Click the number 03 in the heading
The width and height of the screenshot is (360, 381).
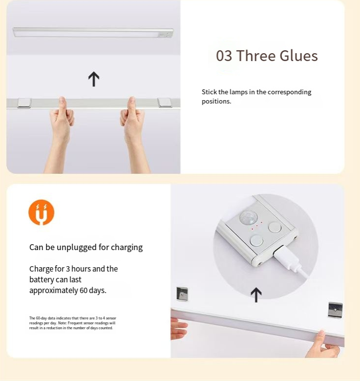click(224, 56)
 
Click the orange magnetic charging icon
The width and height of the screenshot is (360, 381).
click(41, 212)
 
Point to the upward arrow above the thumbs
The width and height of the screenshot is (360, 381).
click(94, 79)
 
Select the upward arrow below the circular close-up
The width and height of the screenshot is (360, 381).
click(256, 295)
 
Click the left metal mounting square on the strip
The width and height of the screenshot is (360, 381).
click(24, 103)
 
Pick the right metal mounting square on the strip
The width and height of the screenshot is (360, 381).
click(165, 102)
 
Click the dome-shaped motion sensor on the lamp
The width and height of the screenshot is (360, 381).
click(248, 217)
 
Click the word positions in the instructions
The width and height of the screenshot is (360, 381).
click(217, 101)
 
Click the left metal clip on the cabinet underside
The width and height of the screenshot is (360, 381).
click(182, 294)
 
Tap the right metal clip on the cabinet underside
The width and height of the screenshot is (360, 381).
click(335, 310)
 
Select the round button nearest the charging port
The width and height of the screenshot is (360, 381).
click(257, 240)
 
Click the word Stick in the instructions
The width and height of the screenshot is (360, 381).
click(209, 92)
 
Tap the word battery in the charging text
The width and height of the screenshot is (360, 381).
click(41, 280)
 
